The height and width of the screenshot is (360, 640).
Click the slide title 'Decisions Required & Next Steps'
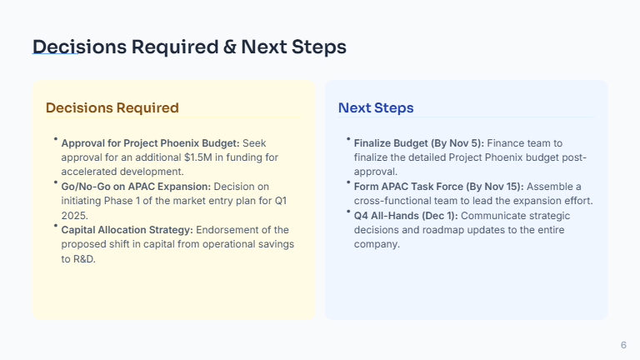189,47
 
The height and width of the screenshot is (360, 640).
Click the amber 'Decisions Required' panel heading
112,107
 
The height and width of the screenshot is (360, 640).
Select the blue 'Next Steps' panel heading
376,107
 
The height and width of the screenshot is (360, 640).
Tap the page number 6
623,345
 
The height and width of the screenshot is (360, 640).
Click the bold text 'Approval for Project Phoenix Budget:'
150,143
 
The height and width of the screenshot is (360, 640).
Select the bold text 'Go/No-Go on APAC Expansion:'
136,186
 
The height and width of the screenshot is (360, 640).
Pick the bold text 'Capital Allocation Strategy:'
127,229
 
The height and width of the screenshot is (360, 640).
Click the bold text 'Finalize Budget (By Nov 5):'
418,143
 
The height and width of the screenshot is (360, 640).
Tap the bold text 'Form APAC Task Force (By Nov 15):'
438,186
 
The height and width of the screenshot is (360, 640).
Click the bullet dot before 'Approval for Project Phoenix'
55,139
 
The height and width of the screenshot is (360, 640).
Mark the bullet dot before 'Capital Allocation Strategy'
55,225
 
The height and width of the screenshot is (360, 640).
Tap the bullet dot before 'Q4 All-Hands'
347,211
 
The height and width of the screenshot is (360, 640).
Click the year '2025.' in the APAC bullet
75,215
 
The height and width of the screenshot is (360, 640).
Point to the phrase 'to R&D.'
80,258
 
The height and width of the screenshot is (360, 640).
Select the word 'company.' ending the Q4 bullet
377,244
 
